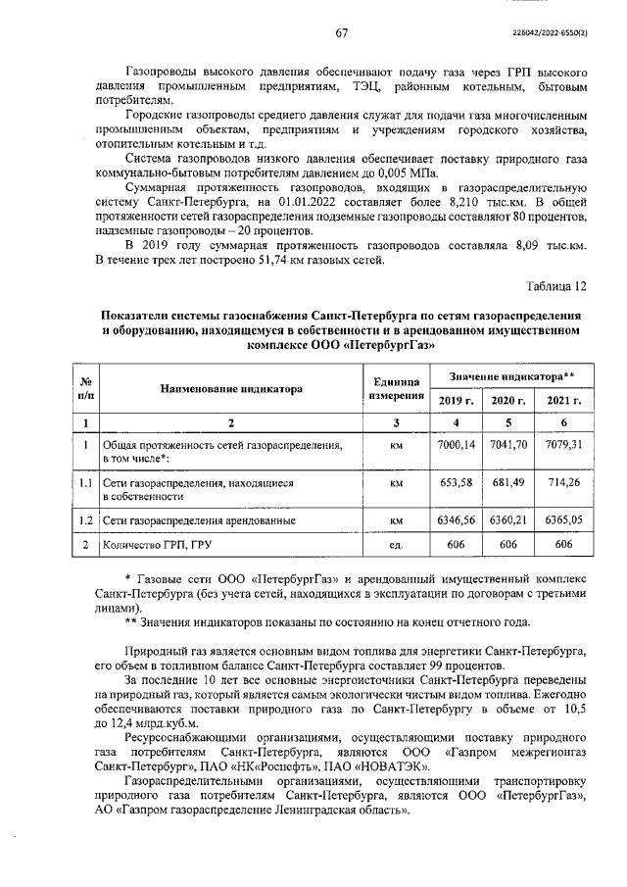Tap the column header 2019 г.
(455, 400)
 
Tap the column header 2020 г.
(508, 400)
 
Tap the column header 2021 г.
(563, 400)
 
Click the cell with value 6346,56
(455, 519)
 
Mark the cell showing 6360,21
(508, 519)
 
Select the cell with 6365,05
(563, 519)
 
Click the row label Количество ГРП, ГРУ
(156, 545)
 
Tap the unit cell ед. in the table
(397, 545)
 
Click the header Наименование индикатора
(231, 389)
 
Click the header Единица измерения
(397, 389)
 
